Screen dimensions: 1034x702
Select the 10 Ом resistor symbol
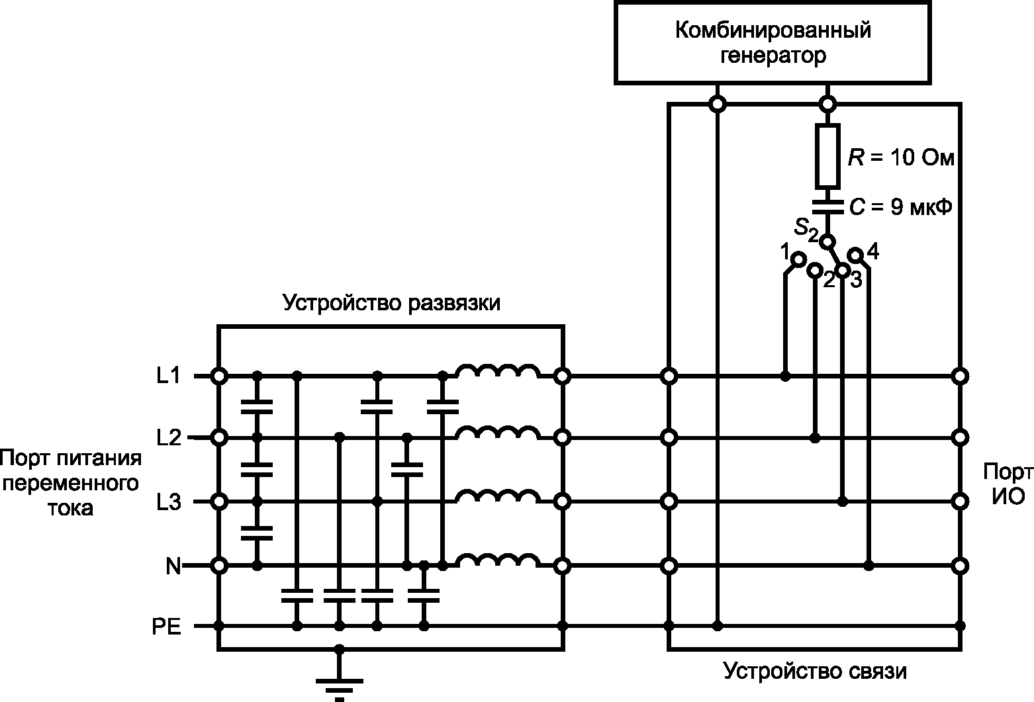point(827,156)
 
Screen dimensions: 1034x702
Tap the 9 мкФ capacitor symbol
point(827,206)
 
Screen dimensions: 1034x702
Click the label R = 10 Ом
point(900,157)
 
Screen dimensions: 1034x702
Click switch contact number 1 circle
point(799,259)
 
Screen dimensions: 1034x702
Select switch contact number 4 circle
point(855,255)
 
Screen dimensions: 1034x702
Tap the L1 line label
point(169,376)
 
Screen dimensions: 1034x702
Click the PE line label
point(167,627)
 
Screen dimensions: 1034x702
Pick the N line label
point(173,566)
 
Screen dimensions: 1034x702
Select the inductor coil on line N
point(498,560)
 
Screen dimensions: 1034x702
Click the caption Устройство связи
point(815,671)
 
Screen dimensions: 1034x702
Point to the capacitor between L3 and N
point(257,533)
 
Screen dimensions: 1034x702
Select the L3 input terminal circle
point(219,501)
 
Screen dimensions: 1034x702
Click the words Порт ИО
point(1008,484)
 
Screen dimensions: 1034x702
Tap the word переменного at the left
point(70,484)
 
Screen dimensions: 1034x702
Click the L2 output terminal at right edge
point(960,437)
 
